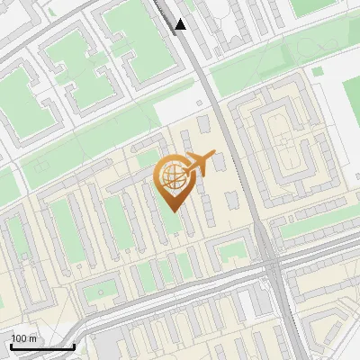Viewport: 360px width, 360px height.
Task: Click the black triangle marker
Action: [x=181, y=23]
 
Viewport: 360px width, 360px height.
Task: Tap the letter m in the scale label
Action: [x=33, y=338]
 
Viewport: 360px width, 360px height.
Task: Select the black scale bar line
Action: [x=42, y=346]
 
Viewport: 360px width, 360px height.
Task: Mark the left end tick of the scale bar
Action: [x=10, y=345]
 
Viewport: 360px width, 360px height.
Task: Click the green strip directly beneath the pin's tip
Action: [x=171, y=220]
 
